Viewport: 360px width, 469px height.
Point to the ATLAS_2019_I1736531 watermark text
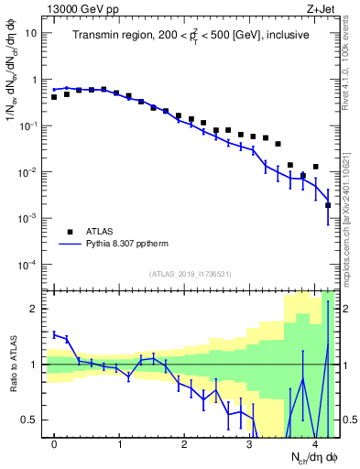point(191,274)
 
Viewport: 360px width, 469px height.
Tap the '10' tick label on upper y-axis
point(30,33)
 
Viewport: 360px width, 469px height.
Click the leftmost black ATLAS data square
point(55,96)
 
